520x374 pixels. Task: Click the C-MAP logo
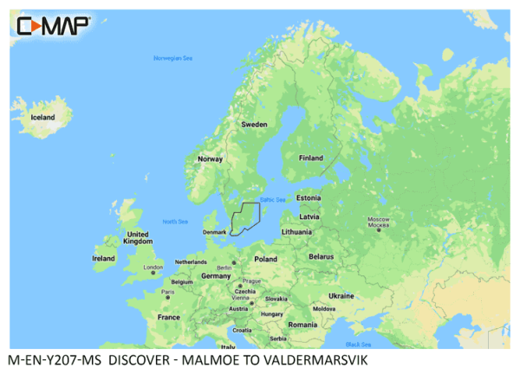tap(52, 26)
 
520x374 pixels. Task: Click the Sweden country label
tap(254, 125)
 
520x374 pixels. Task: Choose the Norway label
tap(211, 159)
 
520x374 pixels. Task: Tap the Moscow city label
tap(379, 222)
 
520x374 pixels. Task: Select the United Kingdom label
tap(138, 238)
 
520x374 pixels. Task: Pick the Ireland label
tap(103, 258)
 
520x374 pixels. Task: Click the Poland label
tap(265, 259)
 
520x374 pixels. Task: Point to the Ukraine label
tap(341, 295)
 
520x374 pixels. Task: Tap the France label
tap(168, 318)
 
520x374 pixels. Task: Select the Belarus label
tap(322, 257)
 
